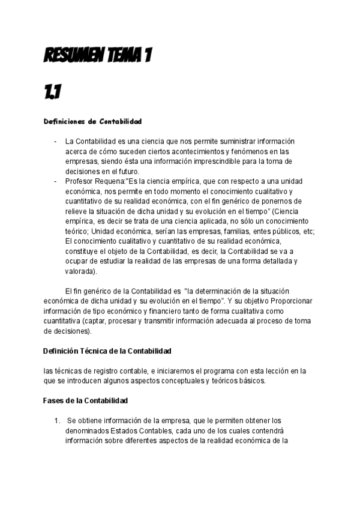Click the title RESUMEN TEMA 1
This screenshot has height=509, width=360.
(x=98, y=56)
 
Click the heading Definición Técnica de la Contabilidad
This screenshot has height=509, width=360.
(x=107, y=349)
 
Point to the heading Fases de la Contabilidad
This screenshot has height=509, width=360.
(x=85, y=400)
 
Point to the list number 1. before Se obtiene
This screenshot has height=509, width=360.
(x=58, y=420)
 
